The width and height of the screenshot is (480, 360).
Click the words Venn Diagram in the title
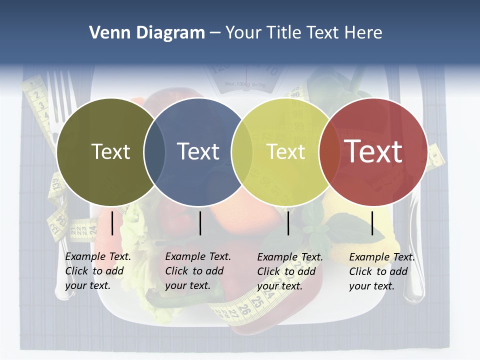click(146, 33)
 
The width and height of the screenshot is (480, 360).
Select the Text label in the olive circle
click(110, 151)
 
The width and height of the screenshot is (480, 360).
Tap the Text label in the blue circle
click(198, 151)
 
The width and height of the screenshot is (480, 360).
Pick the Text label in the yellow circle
click(285, 151)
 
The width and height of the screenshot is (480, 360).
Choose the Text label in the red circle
click(373, 151)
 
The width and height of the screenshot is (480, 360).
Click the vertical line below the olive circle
click(112, 223)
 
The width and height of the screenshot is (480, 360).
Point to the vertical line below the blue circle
click(200, 223)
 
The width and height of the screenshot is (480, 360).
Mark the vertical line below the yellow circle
click(288, 223)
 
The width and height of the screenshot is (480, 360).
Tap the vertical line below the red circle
click(372, 223)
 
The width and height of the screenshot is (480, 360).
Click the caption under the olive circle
click(98, 271)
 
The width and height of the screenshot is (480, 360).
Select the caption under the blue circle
click(198, 271)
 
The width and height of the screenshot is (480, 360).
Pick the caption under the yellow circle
click(290, 271)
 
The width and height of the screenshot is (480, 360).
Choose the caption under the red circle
click(382, 271)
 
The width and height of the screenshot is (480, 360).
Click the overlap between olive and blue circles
click(154, 151)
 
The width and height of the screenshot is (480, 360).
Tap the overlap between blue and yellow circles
click(241, 151)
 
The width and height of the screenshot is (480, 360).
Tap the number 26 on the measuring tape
click(244, 308)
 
